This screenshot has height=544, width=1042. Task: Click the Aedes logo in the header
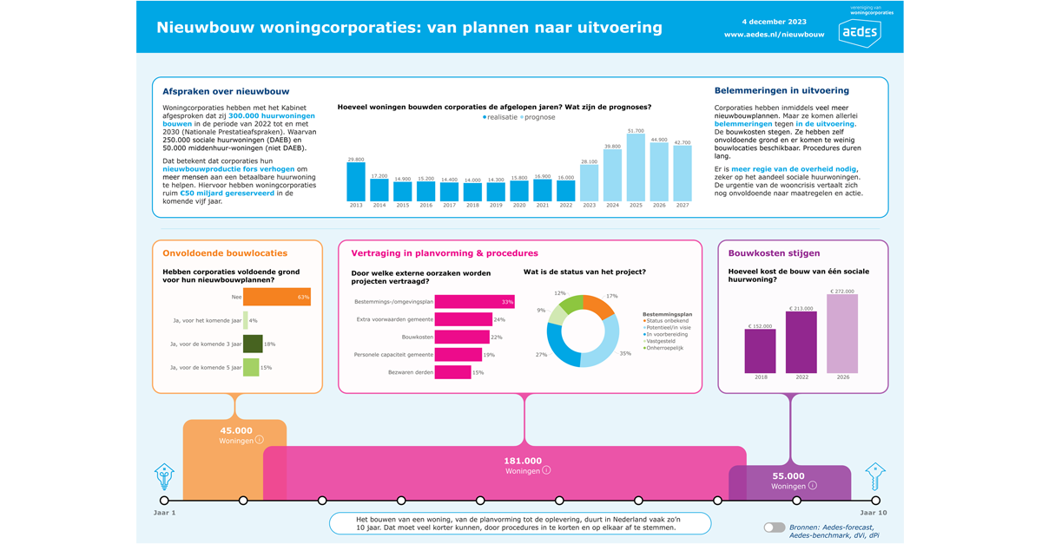859,33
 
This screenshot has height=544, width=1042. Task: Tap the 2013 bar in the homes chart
356,182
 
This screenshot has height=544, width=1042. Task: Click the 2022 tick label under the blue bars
565,206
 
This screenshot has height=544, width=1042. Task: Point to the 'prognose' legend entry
537,117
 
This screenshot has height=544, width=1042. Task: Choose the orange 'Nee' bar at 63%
276,298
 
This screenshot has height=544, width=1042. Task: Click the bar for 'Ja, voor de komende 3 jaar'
253,344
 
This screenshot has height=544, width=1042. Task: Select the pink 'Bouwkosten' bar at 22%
462,337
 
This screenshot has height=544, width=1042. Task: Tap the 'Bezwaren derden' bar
452,372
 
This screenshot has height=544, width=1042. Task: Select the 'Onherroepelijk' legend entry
664,348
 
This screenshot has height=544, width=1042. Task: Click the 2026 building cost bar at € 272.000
841,333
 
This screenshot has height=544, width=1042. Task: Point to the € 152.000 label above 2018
760,326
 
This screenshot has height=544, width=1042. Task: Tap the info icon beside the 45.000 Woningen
259,440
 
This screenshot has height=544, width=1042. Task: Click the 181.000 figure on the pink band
523,461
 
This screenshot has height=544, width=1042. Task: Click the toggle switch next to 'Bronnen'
774,528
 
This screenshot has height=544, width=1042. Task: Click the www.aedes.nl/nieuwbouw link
774,35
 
